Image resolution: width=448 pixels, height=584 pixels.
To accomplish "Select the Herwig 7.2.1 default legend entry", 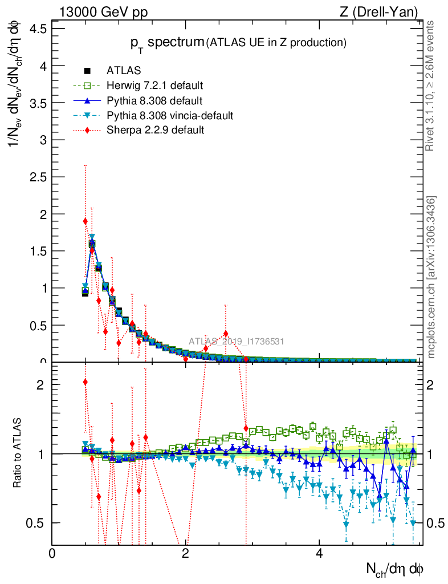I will (154, 86).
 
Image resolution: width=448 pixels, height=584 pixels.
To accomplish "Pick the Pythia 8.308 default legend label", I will (154, 100).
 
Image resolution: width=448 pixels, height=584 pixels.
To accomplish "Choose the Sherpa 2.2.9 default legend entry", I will (155, 130).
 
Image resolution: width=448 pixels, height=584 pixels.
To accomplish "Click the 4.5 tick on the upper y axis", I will (38, 29).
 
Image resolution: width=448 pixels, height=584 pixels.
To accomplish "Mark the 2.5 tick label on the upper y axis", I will (38, 177).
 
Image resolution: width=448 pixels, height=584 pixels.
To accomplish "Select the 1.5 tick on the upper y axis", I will (38, 251).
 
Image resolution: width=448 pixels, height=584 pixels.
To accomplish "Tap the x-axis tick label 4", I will (319, 554).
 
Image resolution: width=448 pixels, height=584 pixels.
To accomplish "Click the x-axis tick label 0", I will (52, 554).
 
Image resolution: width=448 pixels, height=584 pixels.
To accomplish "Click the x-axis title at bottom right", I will (395, 568).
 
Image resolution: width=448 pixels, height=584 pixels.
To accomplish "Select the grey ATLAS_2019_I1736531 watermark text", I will (237, 342).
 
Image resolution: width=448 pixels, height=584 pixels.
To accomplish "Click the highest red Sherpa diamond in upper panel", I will (85, 221).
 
